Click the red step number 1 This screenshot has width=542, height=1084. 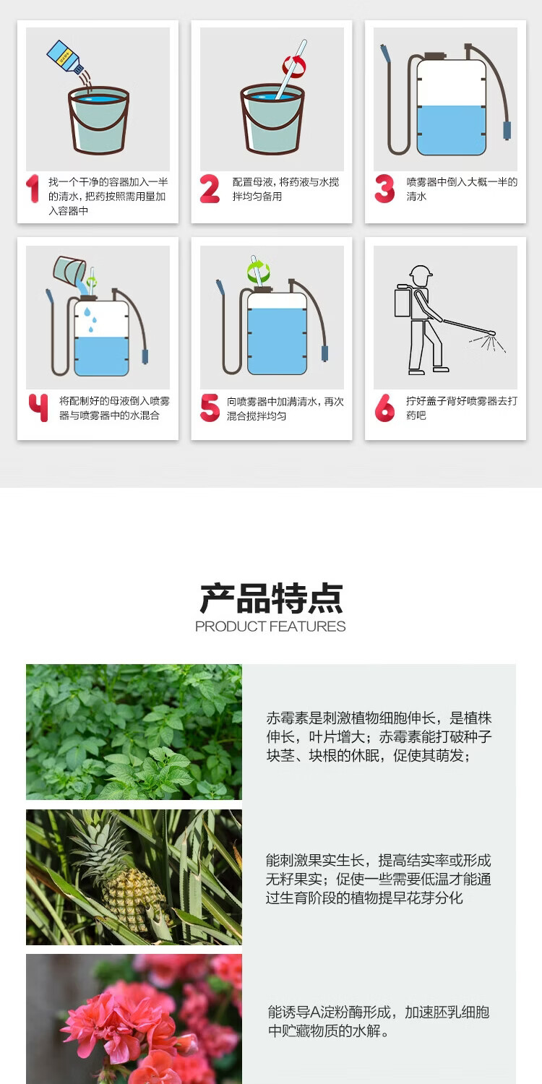pos(33,189)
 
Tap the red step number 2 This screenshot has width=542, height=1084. pos(210,189)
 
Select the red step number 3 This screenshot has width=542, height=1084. pos(384,189)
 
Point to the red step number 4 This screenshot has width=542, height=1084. pos(38,408)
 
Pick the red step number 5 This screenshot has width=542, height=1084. pos(210,408)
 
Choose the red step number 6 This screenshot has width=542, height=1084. pos(384,408)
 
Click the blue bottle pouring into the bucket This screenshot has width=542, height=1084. pos(65,57)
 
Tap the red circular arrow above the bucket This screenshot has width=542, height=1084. pos(294,66)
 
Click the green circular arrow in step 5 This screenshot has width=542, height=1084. pos(259,271)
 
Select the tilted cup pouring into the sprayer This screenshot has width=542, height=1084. pos(69,270)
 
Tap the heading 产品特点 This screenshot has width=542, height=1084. pos(271,598)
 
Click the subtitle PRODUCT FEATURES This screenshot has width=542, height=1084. pos(270,627)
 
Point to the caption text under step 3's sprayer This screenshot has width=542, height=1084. pos(462,189)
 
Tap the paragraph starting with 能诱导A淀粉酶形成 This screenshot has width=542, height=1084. pos(379,1020)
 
